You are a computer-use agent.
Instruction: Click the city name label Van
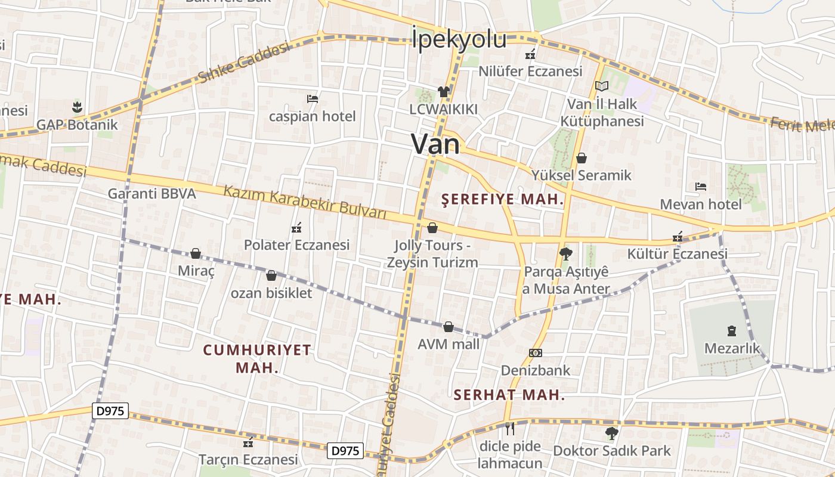[x=436, y=145]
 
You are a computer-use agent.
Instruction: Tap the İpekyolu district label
[x=459, y=39]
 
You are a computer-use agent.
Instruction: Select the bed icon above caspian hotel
[x=313, y=98]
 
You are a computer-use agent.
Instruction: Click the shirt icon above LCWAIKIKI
[x=444, y=91]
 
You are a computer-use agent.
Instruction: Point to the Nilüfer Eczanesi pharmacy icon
[x=530, y=54]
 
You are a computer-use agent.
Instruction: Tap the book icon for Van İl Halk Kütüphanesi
[x=601, y=86]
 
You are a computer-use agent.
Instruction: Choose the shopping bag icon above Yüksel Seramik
[x=582, y=158]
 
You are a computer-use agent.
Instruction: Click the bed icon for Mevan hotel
[x=701, y=187]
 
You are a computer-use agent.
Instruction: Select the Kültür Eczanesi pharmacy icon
[x=678, y=237]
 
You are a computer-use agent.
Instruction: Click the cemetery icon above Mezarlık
[x=732, y=330]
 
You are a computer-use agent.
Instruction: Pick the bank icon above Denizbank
[x=536, y=353]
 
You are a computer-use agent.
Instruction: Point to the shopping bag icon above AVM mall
[x=449, y=327]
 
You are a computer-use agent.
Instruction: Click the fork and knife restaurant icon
[x=510, y=428]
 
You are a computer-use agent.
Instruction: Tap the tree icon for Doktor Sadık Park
[x=611, y=433]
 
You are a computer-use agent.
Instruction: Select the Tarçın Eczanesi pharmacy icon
[x=249, y=442]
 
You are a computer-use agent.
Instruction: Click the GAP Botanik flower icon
[x=77, y=107]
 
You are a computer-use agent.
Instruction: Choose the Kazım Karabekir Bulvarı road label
[x=305, y=202]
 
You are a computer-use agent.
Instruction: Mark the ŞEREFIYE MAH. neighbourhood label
[x=502, y=200]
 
